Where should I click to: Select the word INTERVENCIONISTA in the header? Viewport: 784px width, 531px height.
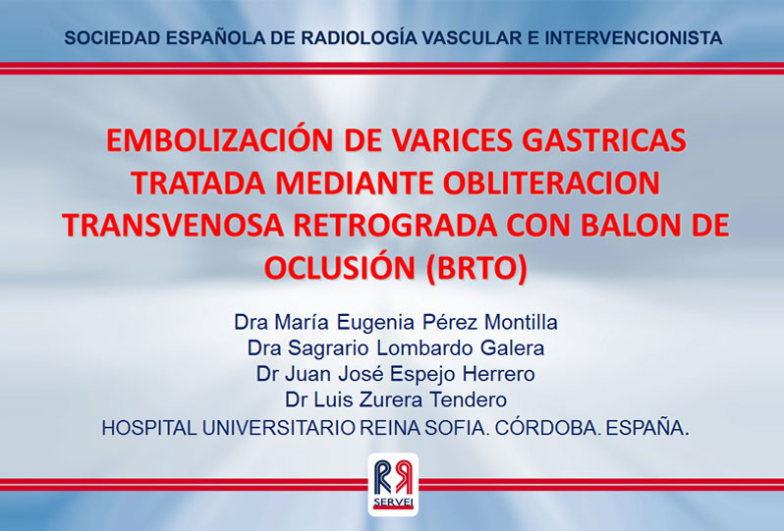coord(633,38)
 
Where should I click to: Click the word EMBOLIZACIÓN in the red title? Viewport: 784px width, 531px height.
coord(219,140)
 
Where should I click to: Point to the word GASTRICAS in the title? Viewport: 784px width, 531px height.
coord(604,140)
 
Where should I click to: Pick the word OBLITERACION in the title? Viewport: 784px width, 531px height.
coord(551,183)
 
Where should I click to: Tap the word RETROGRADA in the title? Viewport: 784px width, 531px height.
coord(396,226)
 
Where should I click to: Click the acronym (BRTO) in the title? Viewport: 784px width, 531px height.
coord(476,268)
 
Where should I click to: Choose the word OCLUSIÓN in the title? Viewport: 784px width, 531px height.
coord(340,267)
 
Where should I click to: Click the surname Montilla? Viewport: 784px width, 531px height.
coord(521,322)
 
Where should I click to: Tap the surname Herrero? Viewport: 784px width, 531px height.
coord(498,374)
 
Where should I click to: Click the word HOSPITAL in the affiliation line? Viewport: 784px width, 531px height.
coord(149,428)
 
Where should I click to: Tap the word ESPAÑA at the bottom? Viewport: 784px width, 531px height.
coord(647,428)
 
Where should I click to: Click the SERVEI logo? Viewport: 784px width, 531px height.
coord(393,484)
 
